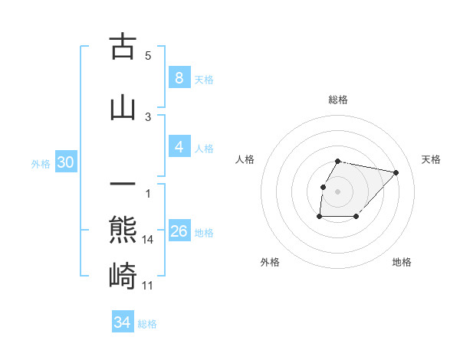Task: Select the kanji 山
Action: click(123, 106)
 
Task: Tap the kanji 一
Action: click(123, 185)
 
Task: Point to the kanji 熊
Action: click(123, 230)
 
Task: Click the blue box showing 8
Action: click(179, 78)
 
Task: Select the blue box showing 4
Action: click(179, 147)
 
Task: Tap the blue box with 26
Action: click(179, 231)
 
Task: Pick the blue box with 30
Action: click(65, 162)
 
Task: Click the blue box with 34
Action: click(122, 322)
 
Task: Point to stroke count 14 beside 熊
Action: click(148, 240)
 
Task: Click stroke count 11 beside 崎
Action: click(148, 286)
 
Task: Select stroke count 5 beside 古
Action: click(148, 56)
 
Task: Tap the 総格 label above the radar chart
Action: click(338, 100)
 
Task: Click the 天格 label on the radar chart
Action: click(432, 159)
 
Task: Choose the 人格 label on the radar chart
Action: click(245, 159)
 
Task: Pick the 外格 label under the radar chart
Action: click(270, 262)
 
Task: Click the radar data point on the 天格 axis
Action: click(396, 172)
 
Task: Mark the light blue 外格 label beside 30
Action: click(41, 163)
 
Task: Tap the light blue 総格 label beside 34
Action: click(147, 324)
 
